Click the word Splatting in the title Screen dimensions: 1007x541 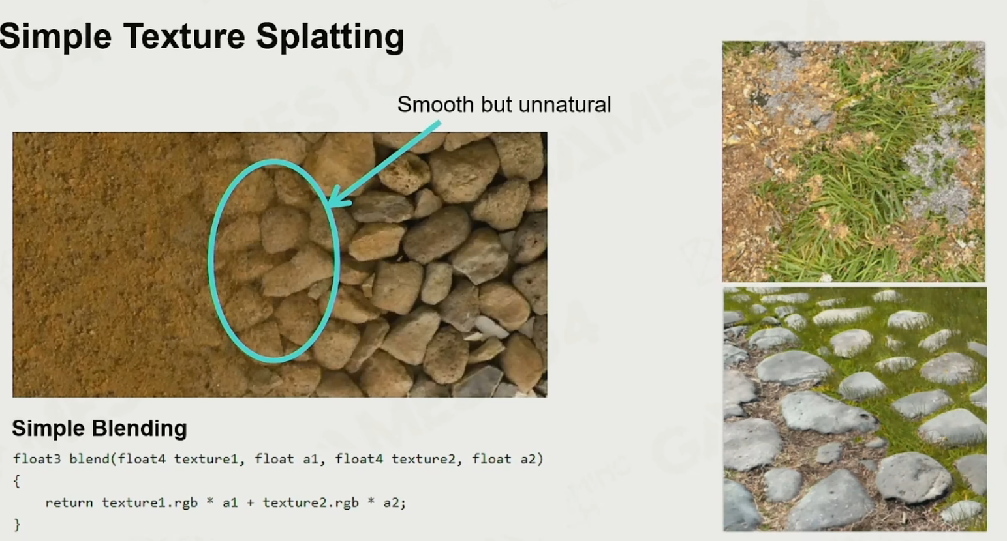[x=330, y=37]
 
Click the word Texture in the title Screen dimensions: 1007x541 [x=184, y=36]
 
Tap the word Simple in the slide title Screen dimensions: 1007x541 [x=55, y=37]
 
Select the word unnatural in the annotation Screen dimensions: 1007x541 [x=565, y=104]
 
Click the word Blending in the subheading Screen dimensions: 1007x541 [x=140, y=429]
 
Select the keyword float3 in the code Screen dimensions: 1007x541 [x=37, y=459]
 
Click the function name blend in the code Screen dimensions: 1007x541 [x=90, y=459]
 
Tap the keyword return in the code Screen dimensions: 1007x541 [x=69, y=503]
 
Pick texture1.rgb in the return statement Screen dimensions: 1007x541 [x=149, y=503]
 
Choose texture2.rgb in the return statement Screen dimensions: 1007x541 [x=311, y=503]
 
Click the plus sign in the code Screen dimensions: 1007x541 [x=251, y=503]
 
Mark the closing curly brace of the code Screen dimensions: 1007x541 [x=17, y=525]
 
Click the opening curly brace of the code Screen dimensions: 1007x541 [x=17, y=481]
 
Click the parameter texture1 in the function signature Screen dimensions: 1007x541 [x=206, y=459]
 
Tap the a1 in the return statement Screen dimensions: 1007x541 [x=230, y=503]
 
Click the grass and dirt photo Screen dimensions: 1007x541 [x=853, y=162]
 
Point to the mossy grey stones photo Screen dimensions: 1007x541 [x=854, y=409]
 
